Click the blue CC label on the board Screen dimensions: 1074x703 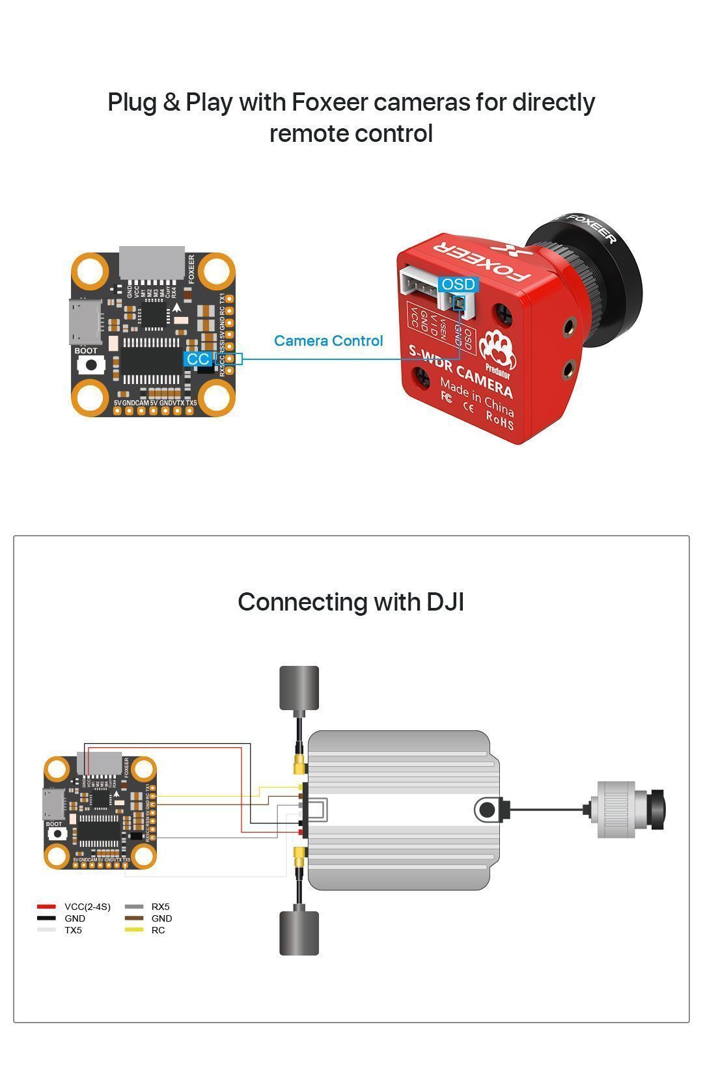198,359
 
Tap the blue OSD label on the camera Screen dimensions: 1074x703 458,284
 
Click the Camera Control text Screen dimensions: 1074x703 328,340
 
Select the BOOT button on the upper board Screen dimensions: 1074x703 92,365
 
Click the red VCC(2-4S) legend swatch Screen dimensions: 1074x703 46,907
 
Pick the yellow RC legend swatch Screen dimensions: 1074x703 133,930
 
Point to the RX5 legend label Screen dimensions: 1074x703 160,907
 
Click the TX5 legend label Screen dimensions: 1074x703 73,930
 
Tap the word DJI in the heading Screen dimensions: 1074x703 445,601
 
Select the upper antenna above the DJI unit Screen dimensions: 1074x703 299,688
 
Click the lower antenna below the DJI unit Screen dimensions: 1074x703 299,933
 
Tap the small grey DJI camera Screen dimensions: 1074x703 628,810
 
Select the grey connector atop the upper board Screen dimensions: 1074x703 152,262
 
